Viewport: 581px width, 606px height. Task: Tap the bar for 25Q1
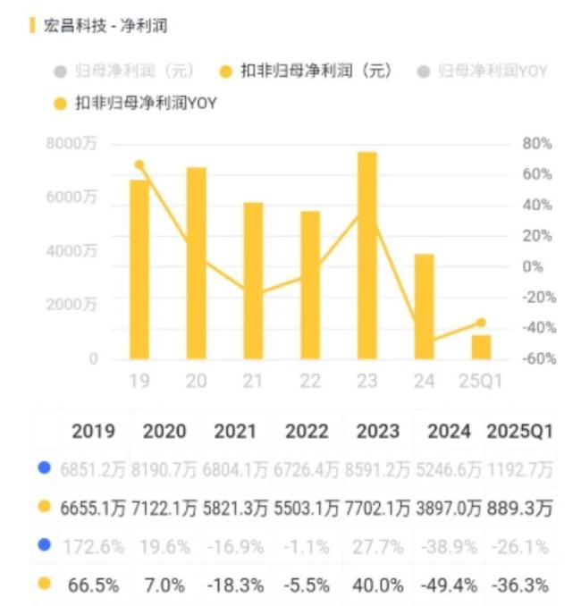481,347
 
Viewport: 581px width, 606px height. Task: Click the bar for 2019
139,269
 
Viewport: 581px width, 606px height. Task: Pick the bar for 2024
424,307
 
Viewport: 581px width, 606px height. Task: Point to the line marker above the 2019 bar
139,164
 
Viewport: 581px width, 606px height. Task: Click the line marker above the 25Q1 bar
481,323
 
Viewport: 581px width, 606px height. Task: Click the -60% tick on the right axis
539,358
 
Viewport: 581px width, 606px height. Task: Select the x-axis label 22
309,382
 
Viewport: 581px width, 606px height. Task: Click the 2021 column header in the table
236,431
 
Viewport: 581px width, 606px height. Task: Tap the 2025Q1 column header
519,431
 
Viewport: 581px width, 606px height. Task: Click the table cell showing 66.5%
93,586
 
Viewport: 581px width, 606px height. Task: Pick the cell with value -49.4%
448,586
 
